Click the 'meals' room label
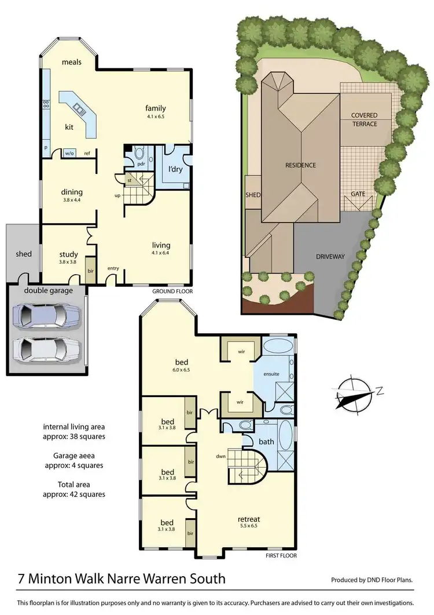click(x=72, y=62)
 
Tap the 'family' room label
click(x=155, y=108)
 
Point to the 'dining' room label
click(x=72, y=192)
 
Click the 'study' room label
click(x=68, y=254)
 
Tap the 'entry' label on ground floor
click(x=113, y=268)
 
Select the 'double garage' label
click(x=49, y=290)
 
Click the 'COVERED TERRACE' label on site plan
click(x=364, y=119)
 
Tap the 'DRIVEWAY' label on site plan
click(x=330, y=256)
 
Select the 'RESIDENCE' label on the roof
click(x=300, y=165)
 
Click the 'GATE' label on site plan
click(x=358, y=194)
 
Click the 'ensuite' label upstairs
click(x=271, y=374)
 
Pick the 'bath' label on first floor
click(x=267, y=442)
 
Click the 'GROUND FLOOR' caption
click(x=172, y=292)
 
